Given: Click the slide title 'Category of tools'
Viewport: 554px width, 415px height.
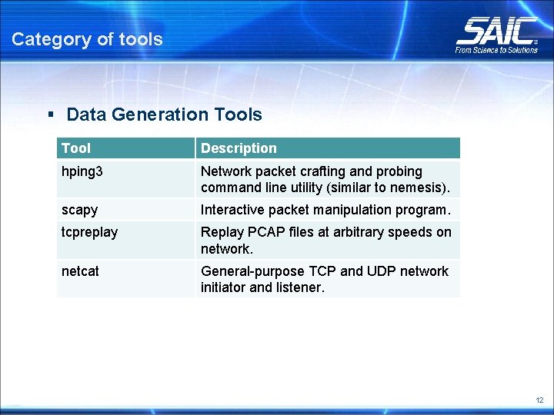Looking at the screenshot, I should pyautogui.click(x=87, y=39).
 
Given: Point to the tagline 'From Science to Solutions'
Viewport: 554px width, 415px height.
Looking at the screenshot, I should pyautogui.click(x=496, y=50).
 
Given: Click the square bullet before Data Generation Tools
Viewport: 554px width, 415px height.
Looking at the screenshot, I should pyautogui.click(x=50, y=115).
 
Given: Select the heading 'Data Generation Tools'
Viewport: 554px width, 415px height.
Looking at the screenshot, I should pyautogui.click(x=164, y=115).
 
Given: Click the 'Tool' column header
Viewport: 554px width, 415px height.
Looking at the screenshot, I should pyautogui.click(x=75, y=148).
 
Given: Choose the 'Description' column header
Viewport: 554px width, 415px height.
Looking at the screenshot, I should pyautogui.click(x=239, y=148).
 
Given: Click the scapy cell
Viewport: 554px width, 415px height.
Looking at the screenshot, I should pyautogui.click(x=79, y=210).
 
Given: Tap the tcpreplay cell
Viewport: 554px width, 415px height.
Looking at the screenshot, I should pyautogui.click(x=89, y=232).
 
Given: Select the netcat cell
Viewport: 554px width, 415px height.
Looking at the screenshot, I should pyautogui.click(x=80, y=271).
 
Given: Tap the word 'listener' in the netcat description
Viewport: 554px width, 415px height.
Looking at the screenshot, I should pyautogui.click(x=299, y=287).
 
